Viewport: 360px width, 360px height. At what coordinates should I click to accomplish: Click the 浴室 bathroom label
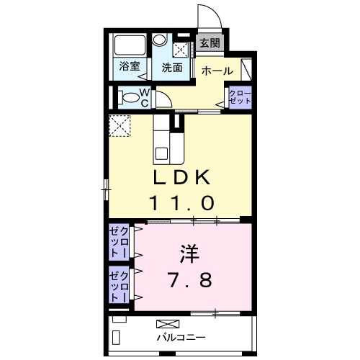coord(130,68)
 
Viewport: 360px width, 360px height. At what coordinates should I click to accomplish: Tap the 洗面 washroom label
coord(171,68)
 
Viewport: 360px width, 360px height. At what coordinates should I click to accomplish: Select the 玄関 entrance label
coord(210,42)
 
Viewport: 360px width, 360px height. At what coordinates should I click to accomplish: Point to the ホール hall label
coord(217,71)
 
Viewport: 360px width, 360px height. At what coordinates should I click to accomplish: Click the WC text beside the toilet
coord(143,97)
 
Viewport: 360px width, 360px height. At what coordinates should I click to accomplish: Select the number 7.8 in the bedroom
coord(189,279)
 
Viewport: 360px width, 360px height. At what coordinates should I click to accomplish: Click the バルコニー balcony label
coord(181,336)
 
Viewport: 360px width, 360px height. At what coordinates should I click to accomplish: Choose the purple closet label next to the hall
coord(240,97)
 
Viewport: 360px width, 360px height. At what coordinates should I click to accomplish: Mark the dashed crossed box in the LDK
coord(119,125)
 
